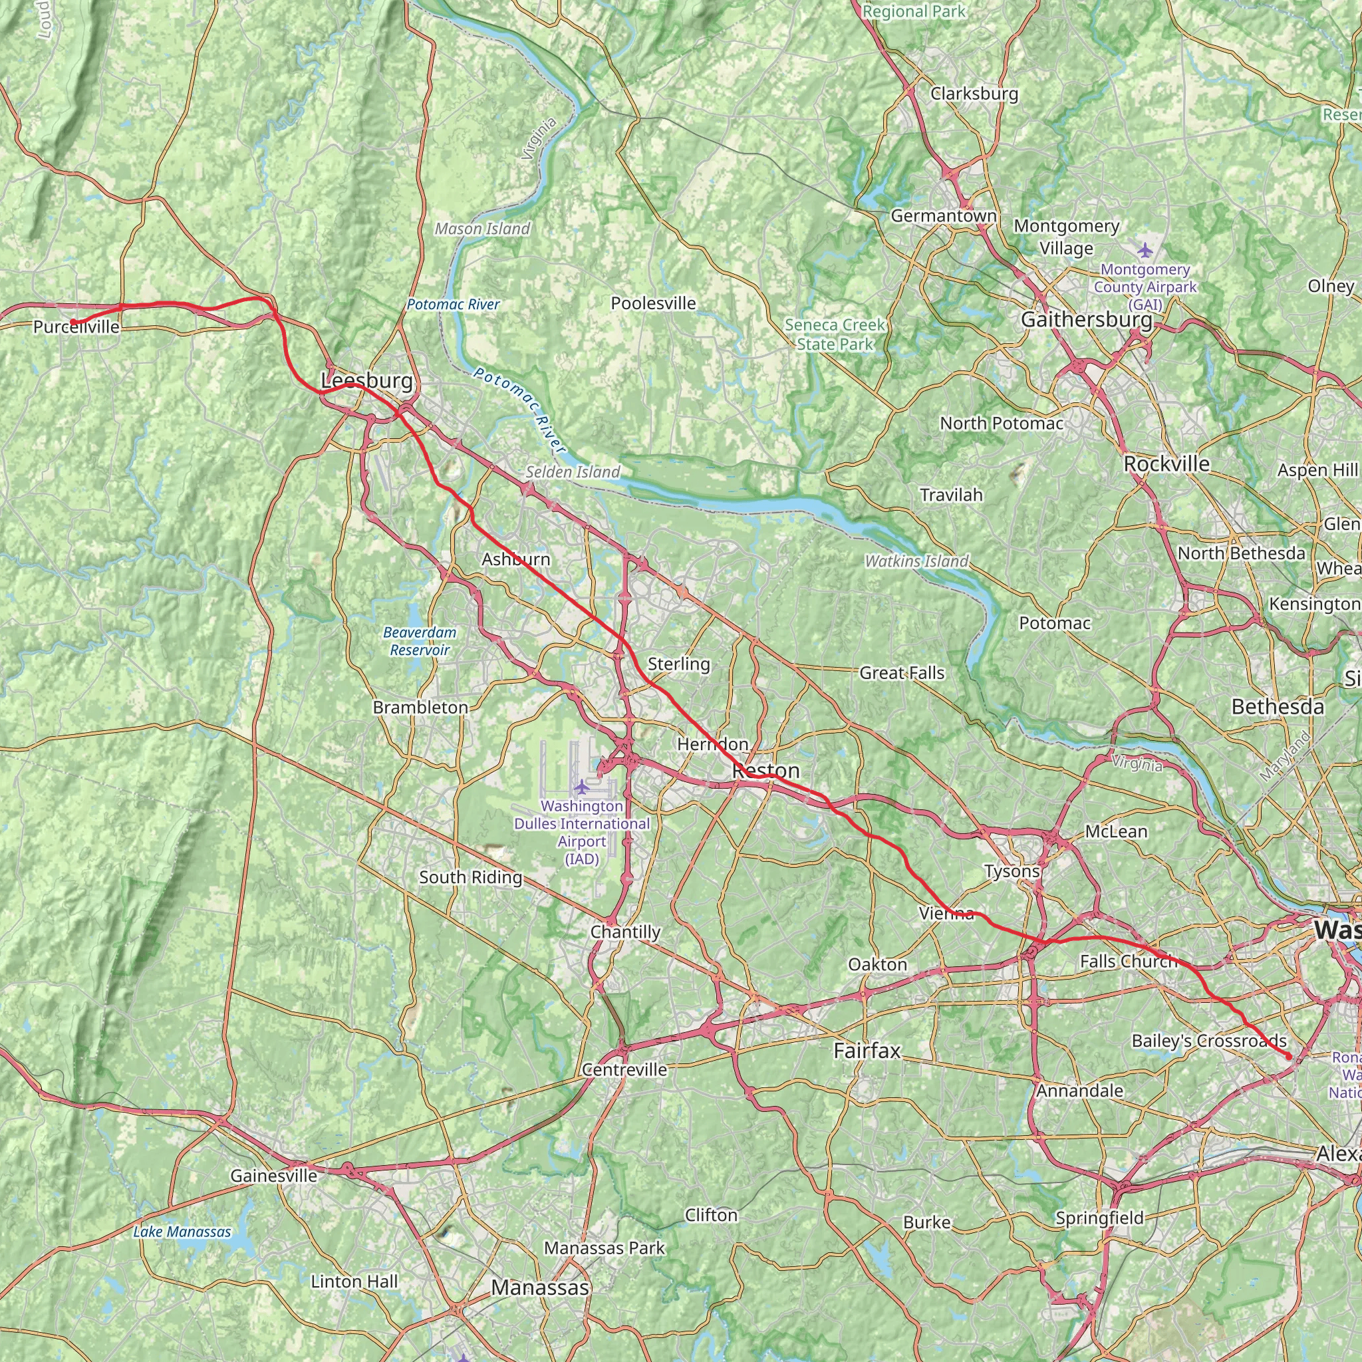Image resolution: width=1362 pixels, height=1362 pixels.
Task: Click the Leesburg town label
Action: click(366, 380)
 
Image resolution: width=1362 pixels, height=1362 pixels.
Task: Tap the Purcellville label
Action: click(76, 327)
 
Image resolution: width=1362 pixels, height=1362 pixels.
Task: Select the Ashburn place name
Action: click(516, 559)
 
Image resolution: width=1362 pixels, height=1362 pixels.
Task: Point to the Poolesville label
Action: click(653, 303)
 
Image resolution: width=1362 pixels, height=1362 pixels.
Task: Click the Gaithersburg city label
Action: click(1087, 320)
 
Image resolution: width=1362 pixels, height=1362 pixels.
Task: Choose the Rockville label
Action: click(1166, 464)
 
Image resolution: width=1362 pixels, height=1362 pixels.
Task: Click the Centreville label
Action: click(624, 1069)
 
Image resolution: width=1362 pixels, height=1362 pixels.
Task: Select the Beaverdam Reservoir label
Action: click(420, 641)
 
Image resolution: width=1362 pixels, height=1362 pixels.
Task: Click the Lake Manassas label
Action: click(182, 1232)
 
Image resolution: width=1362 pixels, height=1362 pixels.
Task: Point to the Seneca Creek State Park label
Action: click(835, 334)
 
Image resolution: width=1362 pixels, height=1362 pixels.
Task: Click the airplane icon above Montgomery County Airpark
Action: click(1144, 249)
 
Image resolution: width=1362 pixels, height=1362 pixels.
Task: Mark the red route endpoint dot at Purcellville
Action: click(73, 322)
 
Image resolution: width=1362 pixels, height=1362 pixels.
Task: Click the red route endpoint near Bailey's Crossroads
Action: click(1289, 1057)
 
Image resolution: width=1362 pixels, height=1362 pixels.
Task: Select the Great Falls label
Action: click(902, 672)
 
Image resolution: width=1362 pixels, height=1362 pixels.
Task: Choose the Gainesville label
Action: click(273, 1175)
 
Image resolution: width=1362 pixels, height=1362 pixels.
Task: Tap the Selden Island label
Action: click(573, 472)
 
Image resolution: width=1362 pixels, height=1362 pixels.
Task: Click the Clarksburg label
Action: click(974, 94)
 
